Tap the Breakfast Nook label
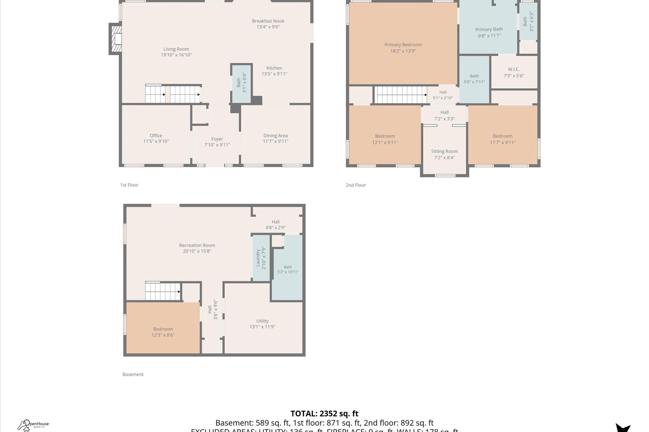268,21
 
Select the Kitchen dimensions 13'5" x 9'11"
274,74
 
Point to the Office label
156,135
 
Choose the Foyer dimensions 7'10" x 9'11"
217,145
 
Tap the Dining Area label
275,135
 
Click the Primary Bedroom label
403,45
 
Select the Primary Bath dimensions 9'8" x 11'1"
489,36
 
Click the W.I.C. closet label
514,69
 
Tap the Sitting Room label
444,151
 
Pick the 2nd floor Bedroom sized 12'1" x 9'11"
385,139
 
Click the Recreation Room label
197,245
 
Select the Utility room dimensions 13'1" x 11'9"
262,327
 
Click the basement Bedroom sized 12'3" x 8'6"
163,332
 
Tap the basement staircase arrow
179,292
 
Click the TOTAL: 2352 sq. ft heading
324,414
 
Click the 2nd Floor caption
356,185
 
